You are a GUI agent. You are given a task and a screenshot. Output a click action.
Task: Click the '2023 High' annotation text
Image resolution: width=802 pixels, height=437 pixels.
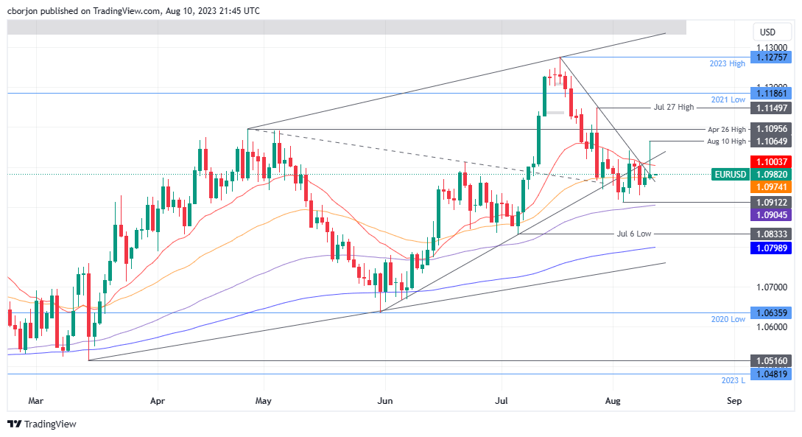(727, 64)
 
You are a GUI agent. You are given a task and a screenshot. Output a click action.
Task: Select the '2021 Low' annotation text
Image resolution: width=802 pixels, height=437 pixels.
(728, 99)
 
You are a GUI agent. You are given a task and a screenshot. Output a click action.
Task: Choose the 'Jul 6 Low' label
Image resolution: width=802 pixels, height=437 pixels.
(633, 233)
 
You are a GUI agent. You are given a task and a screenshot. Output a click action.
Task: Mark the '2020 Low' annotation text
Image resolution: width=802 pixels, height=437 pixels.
(728, 318)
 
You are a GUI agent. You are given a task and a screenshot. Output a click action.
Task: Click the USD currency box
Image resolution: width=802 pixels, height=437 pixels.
(767, 32)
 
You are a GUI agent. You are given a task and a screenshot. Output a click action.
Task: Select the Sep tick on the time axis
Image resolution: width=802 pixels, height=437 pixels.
(734, 402)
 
